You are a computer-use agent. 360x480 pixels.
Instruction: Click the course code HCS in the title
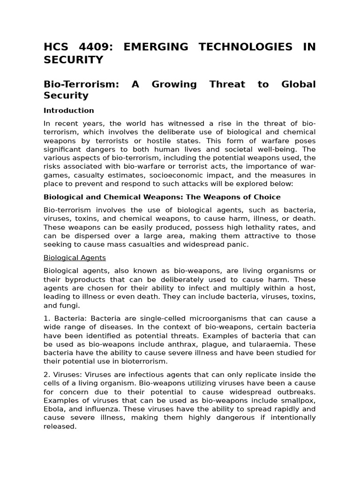[55, 47]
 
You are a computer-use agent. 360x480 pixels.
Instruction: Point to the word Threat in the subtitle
[227, 84]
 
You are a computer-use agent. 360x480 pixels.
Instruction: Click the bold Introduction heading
[69, 111]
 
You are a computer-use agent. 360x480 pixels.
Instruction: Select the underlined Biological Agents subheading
[75, 258]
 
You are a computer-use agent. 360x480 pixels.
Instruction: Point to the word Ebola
[53, 409]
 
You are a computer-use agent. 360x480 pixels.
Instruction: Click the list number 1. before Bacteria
[46, 318]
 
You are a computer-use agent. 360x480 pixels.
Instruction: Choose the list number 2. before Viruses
[46, 375]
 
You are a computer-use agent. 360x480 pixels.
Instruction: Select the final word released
[60, 427]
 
